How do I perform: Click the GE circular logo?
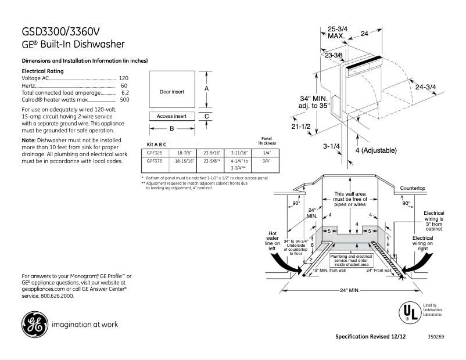(34, 324)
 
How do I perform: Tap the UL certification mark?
(410, 312)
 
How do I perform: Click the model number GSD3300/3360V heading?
(64, 31)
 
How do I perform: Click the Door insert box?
(171, 92)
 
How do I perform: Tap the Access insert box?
(171, 116)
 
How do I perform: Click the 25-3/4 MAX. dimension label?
(338, 32)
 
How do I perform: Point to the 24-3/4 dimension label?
(425, 87)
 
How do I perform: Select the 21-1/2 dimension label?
(302, 126)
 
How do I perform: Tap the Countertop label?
(413, 189)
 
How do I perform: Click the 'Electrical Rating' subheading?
(42, 71)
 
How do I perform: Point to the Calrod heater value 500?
(124, 99)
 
